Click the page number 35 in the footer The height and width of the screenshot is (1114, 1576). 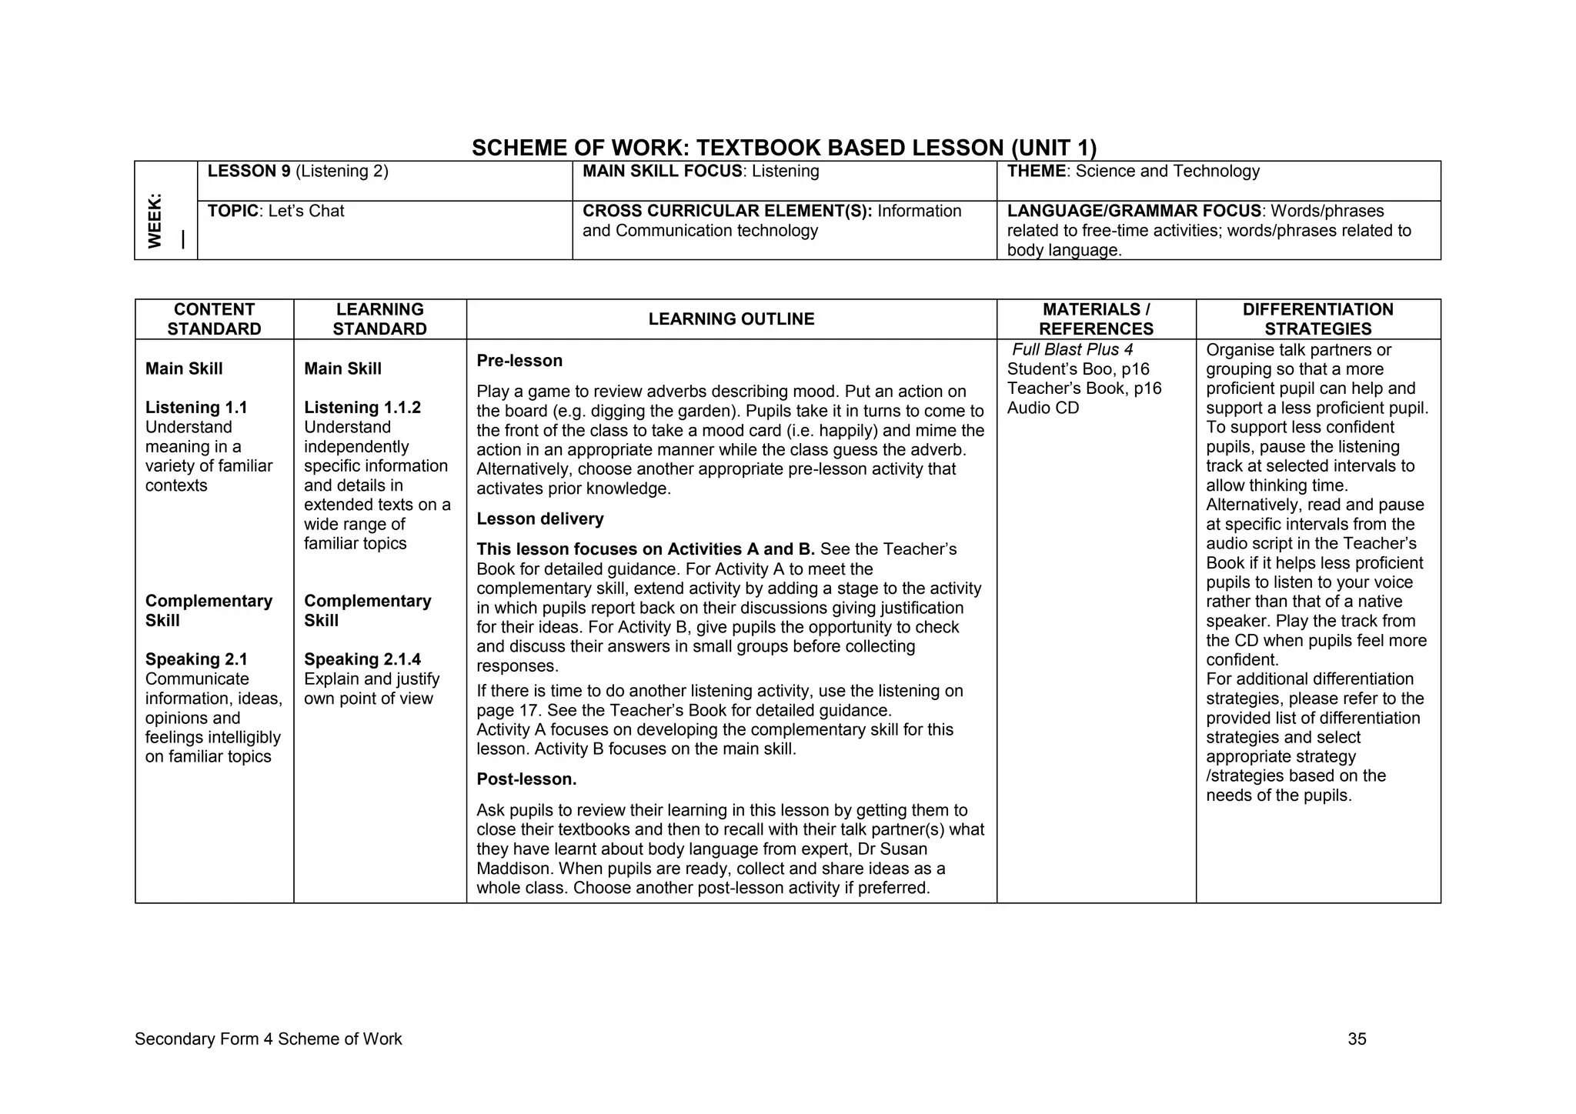[1357, 1039]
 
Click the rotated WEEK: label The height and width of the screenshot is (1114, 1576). [155, 221]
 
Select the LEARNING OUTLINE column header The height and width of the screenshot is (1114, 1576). [731, 319]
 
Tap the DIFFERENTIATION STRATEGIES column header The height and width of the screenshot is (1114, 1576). [1317, 319]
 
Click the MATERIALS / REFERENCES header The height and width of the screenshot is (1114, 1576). [1096, 319]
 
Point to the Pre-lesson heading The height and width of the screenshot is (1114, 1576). [519, 361]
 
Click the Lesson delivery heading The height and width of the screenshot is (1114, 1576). [540, 519]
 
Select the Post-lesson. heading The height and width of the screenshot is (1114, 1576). [526, 779]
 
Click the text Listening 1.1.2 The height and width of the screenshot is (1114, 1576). [362, 408]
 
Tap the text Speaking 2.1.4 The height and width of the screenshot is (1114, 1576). [362, 659]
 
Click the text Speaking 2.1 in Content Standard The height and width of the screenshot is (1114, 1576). [196, 659]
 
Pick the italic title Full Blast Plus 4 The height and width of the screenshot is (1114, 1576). [1072, 350]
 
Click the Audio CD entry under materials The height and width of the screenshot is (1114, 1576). [1043, 409]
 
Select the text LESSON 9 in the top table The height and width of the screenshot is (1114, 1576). [249, 172]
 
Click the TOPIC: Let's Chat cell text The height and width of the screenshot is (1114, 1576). [275, 212]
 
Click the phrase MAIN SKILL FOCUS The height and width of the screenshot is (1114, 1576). [662, 172]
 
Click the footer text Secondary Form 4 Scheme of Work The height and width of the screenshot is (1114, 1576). [268, 1039]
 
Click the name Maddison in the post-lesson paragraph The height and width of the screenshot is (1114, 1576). [513, 869]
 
